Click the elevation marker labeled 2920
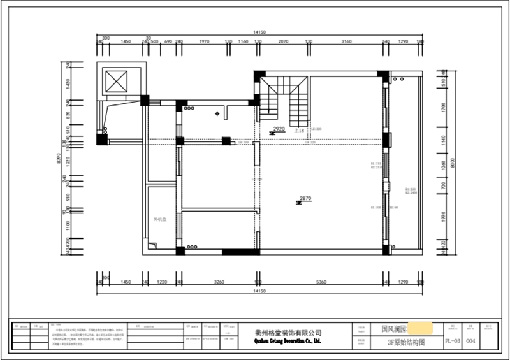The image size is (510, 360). pyautogui.click(x=278, y=129)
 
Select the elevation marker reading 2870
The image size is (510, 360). pyautogui.click(x=305, y=199)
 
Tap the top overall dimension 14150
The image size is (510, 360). pyautogui.click(x=258, y=31)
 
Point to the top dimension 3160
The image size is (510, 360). pyautogui.click(x=346, y=41)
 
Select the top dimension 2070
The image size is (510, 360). pyautogui.click(x=283, y=41)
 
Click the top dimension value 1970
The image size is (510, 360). pyautogui.click(x=203, y=41)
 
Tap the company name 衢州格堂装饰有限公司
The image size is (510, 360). pyautogui.click(x=288, y=333)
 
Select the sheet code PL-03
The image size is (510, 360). pyautogui.click(x=452, y=341)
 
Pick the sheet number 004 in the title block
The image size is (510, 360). pyautogui.click(x=470, y=341)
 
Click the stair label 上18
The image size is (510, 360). pyautogui.click(x=298, y=130)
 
